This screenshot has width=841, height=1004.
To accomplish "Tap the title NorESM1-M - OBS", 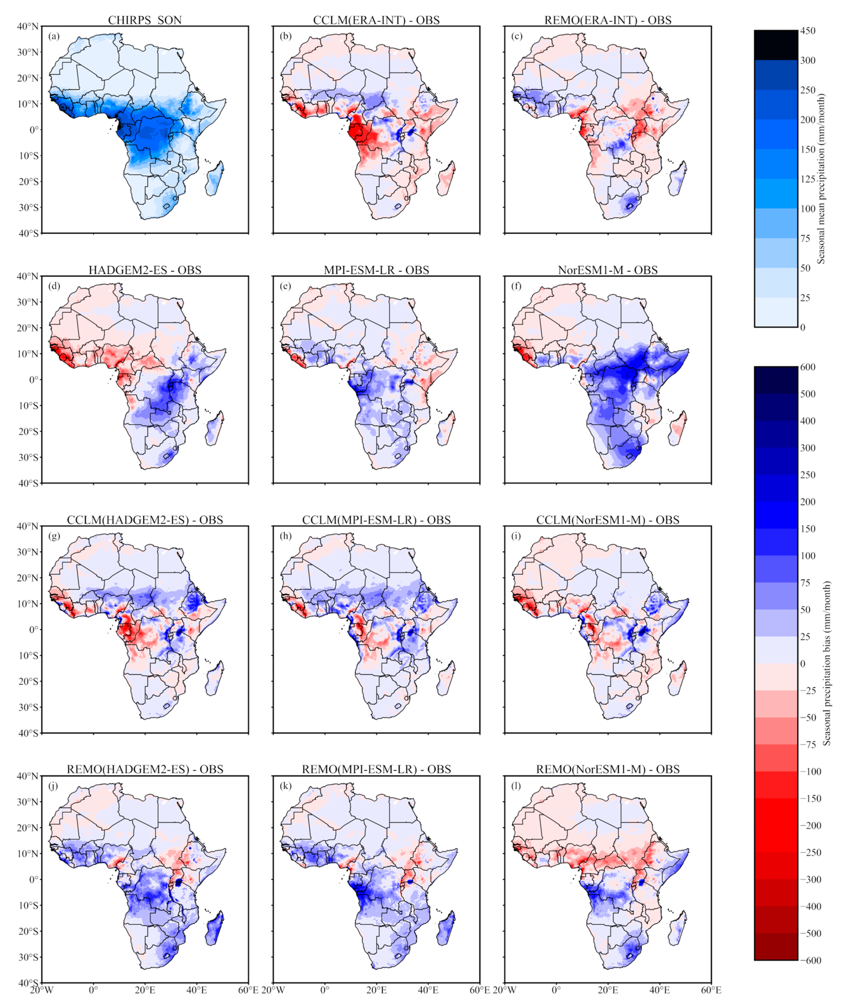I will click(x=608, y=270).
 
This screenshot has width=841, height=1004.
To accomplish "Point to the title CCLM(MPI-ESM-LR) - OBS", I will click(x=377, y=520).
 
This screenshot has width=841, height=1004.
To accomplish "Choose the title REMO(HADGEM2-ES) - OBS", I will click(x=145, y=769).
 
